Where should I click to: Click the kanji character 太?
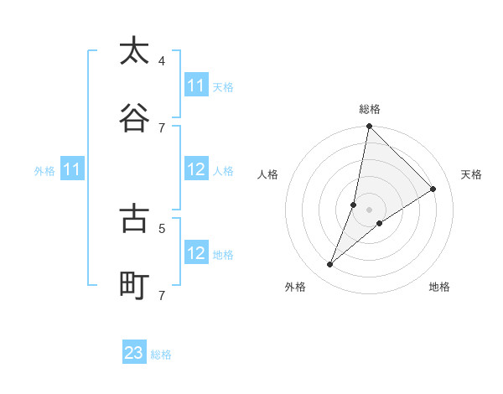(134, 51)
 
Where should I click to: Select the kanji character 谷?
(134, 118)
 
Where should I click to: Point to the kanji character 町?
(134, 286)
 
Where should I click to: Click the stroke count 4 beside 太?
(162, 60)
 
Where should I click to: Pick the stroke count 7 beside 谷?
(162, 127)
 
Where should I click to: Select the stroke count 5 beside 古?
(162, 227)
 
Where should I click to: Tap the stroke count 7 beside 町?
(162, 295)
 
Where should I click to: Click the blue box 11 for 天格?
(196, 86)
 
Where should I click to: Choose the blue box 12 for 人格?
(196, 169)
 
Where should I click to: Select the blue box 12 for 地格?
(196, 253)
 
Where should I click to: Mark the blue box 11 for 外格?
(72, 169)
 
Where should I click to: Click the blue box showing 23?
(134, 353)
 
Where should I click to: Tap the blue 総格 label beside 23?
(161, 355)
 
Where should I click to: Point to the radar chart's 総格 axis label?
(370, 109)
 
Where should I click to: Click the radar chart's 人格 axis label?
(268, 174)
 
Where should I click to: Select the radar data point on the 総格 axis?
(369, 126)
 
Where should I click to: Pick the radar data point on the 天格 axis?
(433, 189)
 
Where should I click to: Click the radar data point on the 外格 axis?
(330, 264)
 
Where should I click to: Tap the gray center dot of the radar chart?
(370, 210)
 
